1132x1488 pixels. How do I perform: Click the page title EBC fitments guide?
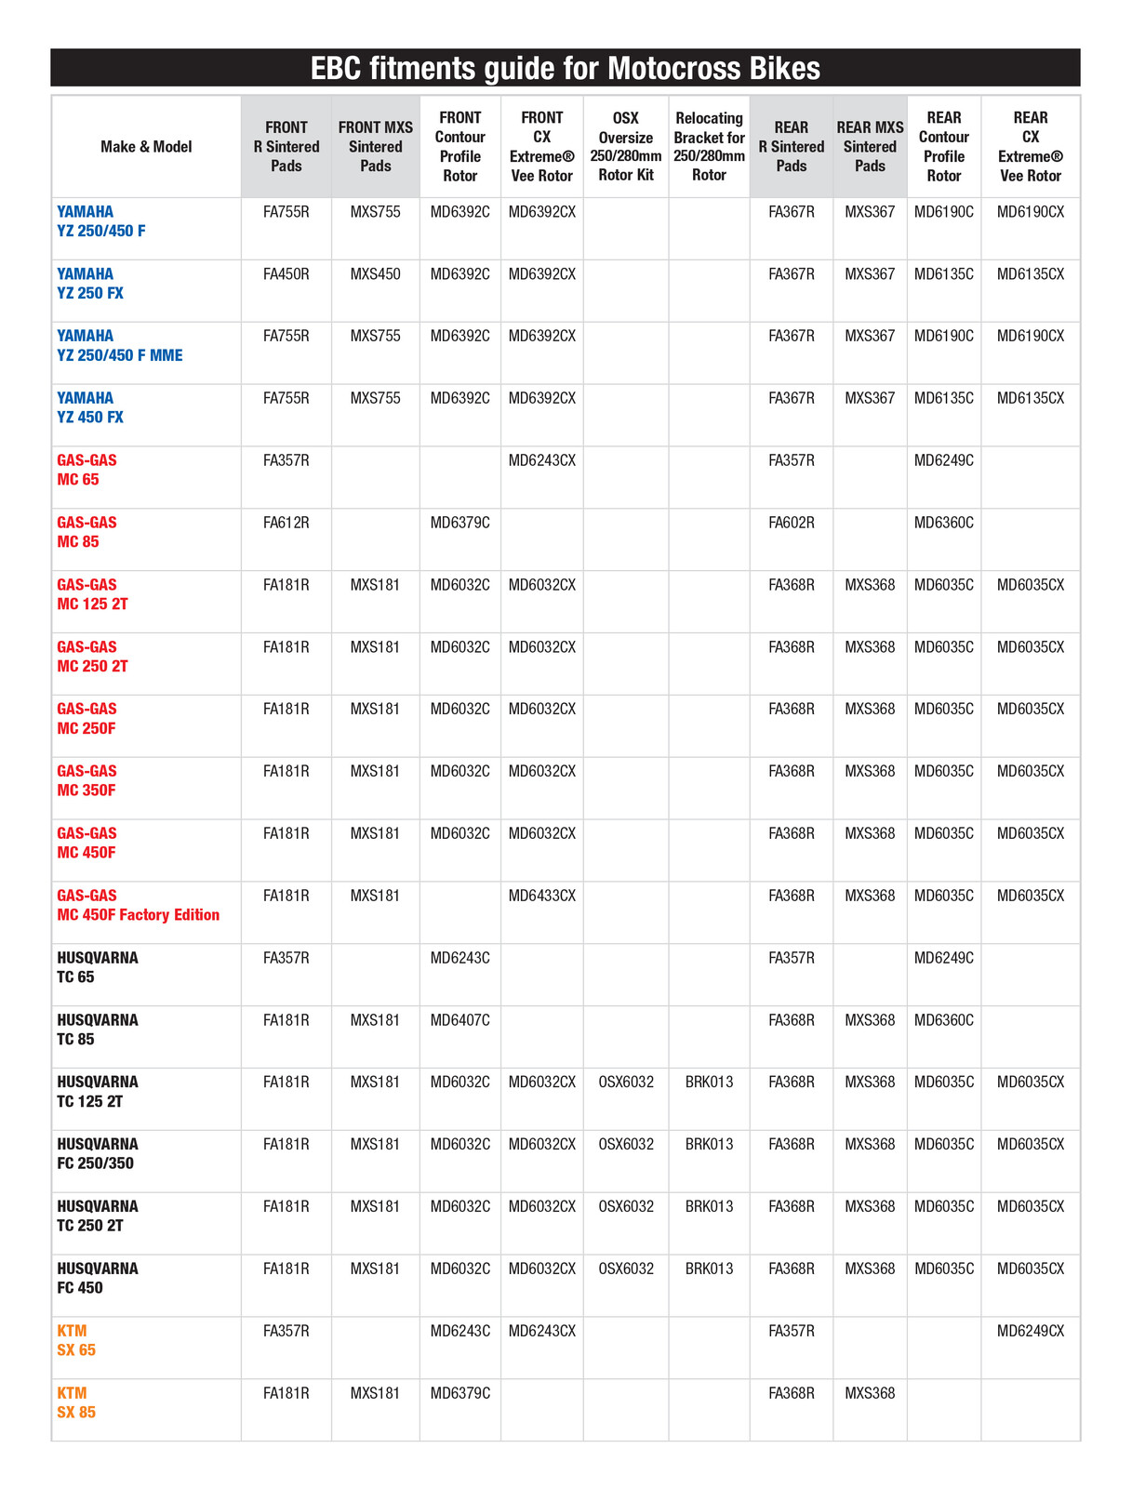[565, 69]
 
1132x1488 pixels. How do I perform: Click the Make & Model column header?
[146, 147]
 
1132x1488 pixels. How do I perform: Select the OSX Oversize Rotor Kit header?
[625, 147]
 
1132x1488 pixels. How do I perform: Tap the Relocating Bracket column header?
[709, 147]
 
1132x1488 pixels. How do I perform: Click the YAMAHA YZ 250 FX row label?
[90, 284]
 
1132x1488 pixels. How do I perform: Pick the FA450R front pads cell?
[286, 274]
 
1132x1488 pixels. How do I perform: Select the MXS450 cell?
[375, 274]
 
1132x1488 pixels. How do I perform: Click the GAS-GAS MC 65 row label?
[87, 470]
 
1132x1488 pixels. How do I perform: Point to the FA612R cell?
[286, 523]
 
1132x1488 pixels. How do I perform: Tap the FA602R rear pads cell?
[791, 523]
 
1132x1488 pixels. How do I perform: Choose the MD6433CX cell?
[541, 896]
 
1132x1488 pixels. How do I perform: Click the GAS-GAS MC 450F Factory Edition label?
[138, 906]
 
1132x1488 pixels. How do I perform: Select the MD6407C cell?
[459, 1020]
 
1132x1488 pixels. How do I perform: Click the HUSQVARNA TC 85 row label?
[97, 1030]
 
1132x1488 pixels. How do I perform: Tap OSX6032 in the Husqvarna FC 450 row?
[625, 1269]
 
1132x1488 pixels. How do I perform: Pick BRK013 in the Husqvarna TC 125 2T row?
[709, 1082]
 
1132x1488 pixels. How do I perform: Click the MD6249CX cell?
[1030, 1331]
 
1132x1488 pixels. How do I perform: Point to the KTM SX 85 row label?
[76, 1402]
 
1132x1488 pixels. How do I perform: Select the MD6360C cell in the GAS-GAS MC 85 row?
[943, 523]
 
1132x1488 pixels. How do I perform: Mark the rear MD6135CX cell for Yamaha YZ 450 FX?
[1030, 398]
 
